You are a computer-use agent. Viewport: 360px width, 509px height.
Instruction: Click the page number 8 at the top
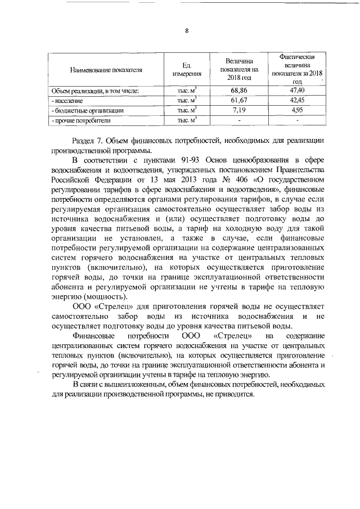tap(186, 31)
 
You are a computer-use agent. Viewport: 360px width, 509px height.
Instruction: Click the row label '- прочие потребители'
tap(81, 120)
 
